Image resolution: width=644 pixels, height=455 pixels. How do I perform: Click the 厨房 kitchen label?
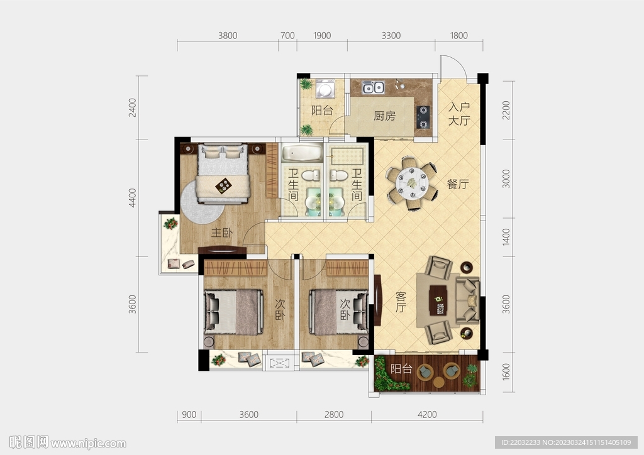[384, 116]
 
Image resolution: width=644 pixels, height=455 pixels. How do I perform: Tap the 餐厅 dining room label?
[458, 184]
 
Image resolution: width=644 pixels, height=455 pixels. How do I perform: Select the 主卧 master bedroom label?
[222, 233]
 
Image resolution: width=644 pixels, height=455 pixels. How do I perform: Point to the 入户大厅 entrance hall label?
[458, 114]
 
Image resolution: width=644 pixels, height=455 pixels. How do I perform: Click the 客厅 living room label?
[401, 302]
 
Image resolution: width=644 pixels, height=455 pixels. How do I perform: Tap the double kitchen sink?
[373, 87]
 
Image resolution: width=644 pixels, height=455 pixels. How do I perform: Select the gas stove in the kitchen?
[423, 117]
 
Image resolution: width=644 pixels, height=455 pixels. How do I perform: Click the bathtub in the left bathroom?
[303, 153]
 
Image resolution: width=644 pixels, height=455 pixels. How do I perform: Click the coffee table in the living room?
[438, 300]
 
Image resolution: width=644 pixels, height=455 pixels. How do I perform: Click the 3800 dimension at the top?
[228, 36]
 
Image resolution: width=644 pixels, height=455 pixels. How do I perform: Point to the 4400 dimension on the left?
[132, 198]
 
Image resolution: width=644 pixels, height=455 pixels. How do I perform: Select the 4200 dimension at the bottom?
[427, 415]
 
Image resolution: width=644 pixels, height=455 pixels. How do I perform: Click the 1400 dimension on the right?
[506, 237]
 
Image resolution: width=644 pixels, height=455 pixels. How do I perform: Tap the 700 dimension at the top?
[287, 36]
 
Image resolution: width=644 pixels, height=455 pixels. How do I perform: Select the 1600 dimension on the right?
[506, 371]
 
